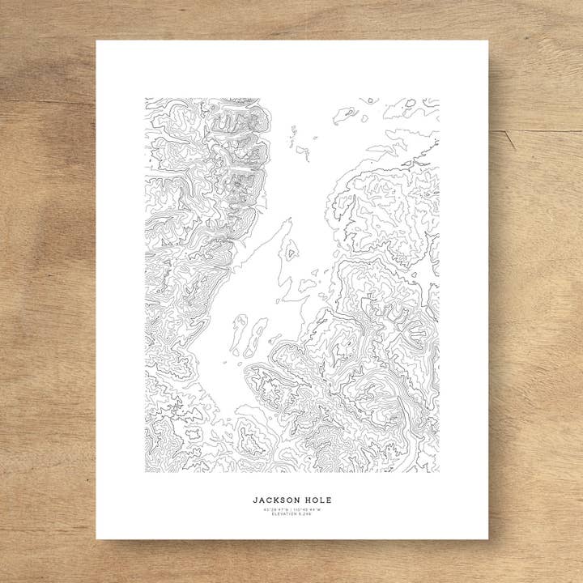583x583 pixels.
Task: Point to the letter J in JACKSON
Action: click(254, 500)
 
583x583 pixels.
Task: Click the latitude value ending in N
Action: click(275, 509)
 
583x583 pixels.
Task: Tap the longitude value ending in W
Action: click(308, 509)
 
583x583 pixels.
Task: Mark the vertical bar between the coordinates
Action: click(291, 509)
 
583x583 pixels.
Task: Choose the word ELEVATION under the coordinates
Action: click(284, 514)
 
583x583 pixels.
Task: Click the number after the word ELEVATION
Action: click(305, 514)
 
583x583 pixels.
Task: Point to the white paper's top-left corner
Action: click(97, 41)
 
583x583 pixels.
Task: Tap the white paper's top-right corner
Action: click(488, 41)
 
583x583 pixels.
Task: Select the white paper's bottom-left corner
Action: click(97, 538)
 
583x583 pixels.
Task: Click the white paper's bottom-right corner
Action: click(488, 538)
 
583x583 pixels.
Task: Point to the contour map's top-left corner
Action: click(146, 99)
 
